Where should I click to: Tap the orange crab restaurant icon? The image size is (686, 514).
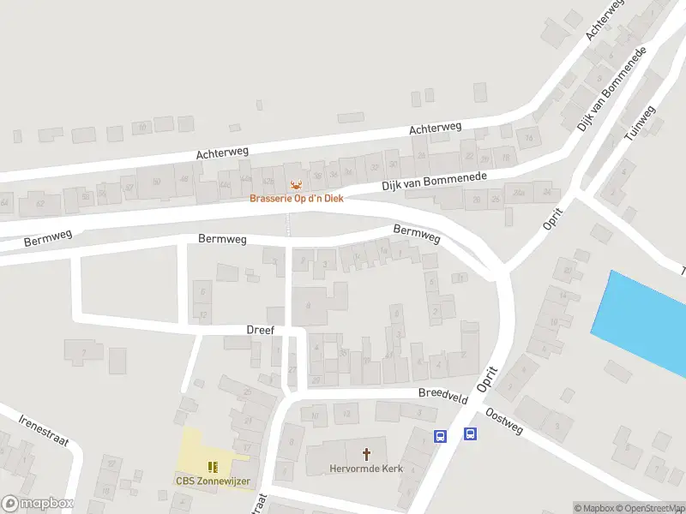click(x=296, y=185)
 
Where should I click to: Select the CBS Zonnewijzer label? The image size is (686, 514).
click(x=213, y=481)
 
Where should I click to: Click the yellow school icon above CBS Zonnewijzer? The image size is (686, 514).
click(x=213, y=467)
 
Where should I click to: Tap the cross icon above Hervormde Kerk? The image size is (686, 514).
click(x=367, y=454)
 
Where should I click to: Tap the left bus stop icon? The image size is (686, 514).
click(x=441, y=435)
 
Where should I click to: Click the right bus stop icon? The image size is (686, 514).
click(x=471, y=433)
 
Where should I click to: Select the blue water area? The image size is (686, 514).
click(x=644, y=321)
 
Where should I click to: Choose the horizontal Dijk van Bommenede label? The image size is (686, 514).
click(x=434, y=182)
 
